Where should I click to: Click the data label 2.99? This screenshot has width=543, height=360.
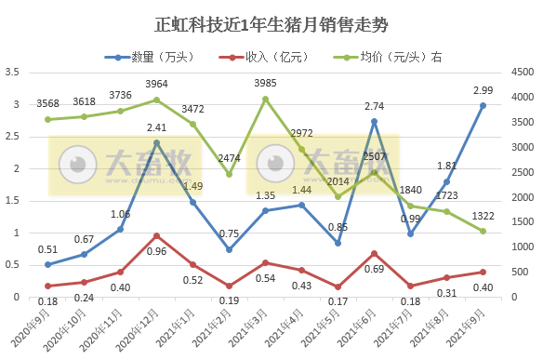[x=483, y=90]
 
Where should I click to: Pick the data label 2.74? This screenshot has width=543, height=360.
[x=374, y=106]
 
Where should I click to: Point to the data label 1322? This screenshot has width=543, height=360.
[x=483, y=216]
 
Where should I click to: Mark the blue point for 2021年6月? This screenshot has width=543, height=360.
[x=374, y=121]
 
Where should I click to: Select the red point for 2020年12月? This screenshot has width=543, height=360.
[x=156, y=235]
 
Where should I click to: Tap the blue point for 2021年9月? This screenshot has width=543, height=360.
[x=483, y=105]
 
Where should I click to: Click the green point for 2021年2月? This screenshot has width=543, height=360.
[x=229, y=174]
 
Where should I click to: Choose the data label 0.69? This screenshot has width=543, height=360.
[x=374, y=268]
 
